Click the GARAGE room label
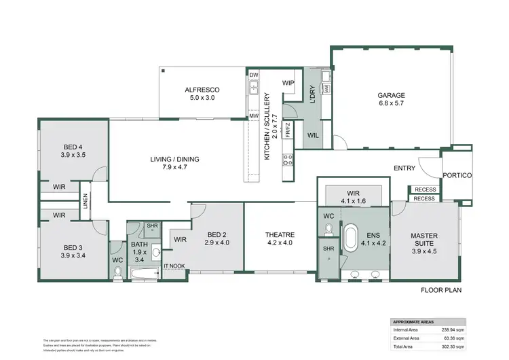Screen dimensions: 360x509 tap(392, 96)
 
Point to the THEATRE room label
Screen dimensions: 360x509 tap(279, 236)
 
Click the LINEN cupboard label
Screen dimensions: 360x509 tap(86, 201)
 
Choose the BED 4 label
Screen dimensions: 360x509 tap(73, 147)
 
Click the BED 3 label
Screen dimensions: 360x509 tap(73, 247)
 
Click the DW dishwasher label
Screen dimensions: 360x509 tap(254, 75)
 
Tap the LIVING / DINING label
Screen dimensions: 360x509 tap(174, 160)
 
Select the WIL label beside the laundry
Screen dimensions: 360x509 tap(313, 134)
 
